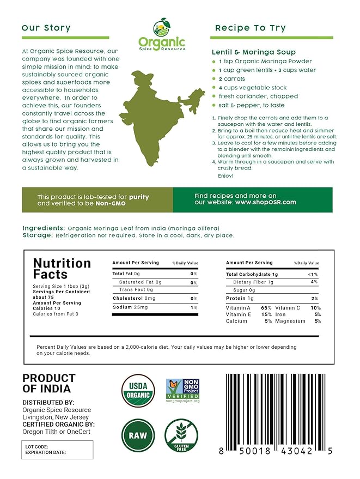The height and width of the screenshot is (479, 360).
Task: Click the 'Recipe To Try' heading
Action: [x=250, y=28]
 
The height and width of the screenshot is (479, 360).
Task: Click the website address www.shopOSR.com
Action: [x=266, y=202]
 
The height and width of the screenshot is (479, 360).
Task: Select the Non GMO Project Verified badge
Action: [x=182, y=391]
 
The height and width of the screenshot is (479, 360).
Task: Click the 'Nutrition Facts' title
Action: [x=62, y=269]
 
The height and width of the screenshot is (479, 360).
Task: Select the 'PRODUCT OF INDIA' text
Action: [x=48, y=384]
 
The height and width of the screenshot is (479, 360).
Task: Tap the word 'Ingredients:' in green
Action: [x=44, y=228]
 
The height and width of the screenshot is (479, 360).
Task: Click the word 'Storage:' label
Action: [x=38, y=235]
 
